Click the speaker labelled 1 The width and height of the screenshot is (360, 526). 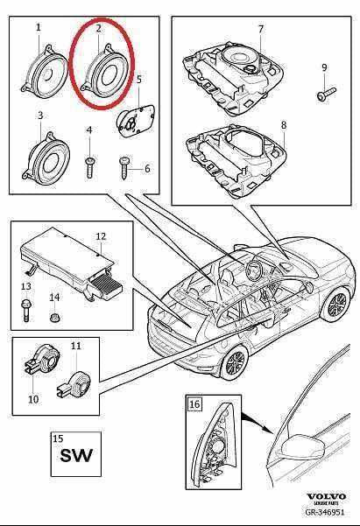(x=45, y=73)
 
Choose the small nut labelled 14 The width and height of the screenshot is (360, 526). (x=54, y=312)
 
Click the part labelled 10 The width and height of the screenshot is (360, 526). (x=39, y=359)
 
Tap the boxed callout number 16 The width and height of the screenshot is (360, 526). (x=195, y=403)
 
